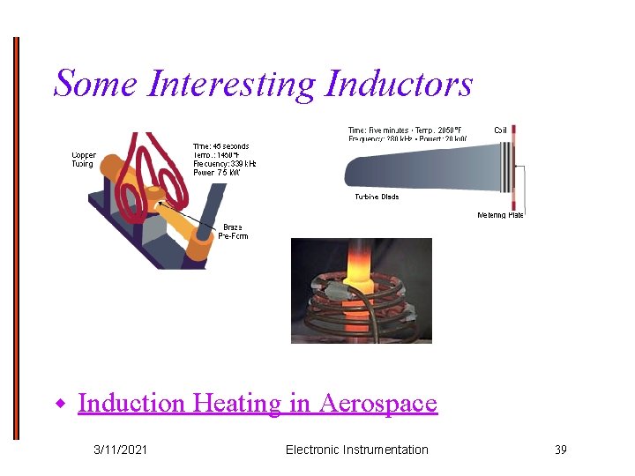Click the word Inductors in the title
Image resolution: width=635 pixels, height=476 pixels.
399,85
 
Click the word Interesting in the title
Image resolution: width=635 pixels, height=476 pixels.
232,85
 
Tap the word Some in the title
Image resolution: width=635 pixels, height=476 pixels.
96,85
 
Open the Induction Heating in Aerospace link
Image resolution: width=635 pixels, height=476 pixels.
257,404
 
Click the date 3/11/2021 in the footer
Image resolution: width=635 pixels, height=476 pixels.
121,450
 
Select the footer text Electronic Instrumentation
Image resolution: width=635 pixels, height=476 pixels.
356,450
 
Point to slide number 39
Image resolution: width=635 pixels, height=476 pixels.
560,450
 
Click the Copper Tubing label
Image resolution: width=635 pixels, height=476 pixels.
85,160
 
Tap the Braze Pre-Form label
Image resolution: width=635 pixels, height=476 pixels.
233,232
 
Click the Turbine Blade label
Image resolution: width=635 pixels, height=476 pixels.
377,197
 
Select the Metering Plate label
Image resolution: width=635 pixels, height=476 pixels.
500,215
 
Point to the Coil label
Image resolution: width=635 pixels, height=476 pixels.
500,130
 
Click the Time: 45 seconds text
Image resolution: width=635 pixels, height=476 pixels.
220,146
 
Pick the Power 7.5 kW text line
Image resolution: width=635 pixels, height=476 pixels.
216,173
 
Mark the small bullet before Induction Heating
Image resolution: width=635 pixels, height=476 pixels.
62,405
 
